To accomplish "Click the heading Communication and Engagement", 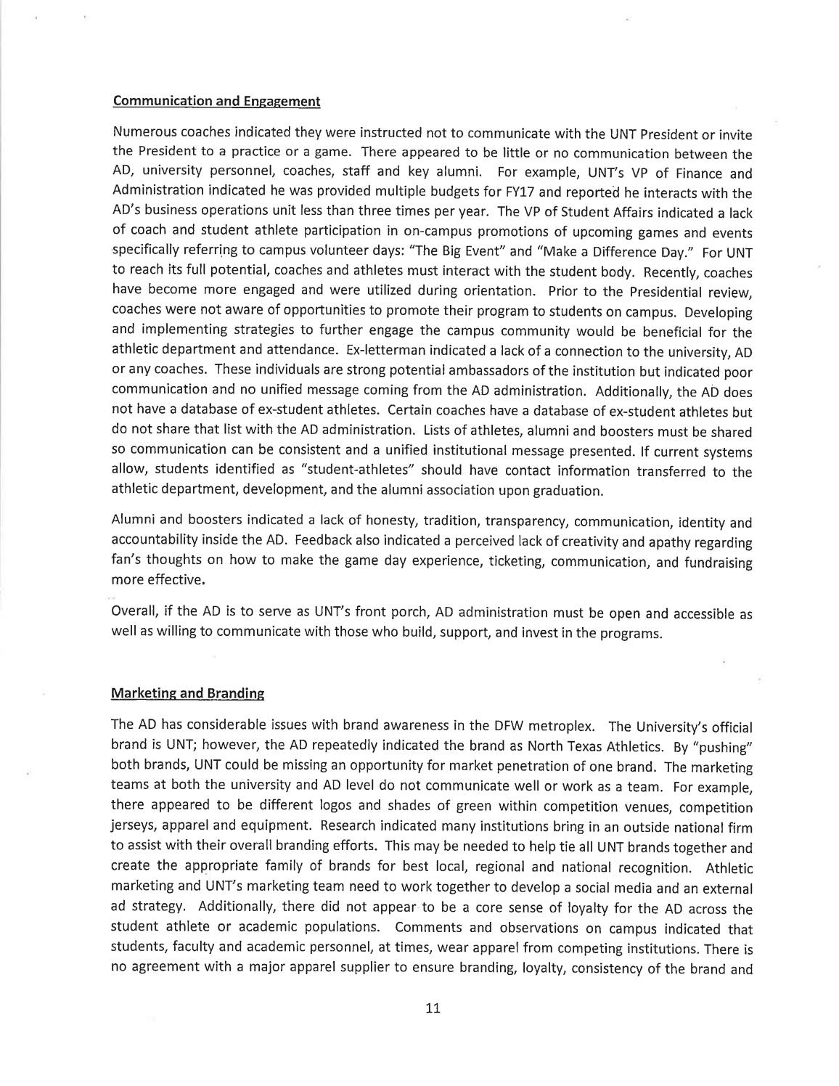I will pyautogui.click(x=216, y=102).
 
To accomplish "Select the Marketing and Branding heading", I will pyautogui.click(x=187, y=693).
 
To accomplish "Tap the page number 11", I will pyautogui.click(x=433, y=1008).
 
